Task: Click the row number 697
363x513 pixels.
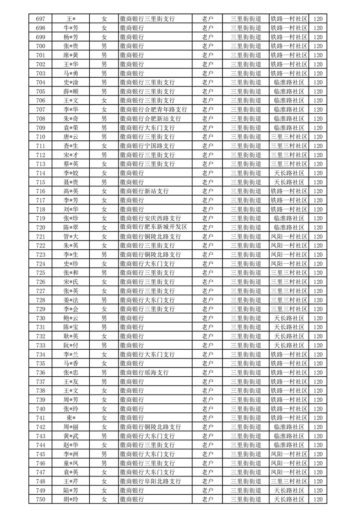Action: (40, 19)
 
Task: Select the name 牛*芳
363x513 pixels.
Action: (71, 28)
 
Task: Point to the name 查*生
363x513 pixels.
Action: (71, 146)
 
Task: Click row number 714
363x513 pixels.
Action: (40, 173)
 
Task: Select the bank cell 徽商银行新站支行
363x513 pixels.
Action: (144, 191)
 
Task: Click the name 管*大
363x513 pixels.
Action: (71, 236)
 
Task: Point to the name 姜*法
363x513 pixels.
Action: (71, 300)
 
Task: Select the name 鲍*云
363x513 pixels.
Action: (71, 318)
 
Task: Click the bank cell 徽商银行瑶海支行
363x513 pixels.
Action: (144, 372)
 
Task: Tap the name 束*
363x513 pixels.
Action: (71, 417)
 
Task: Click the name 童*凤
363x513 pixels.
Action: (71, 463)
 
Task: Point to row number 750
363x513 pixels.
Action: (40, 499)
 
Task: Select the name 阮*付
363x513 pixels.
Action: (71, 345)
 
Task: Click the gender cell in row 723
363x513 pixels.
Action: (104, 254)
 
